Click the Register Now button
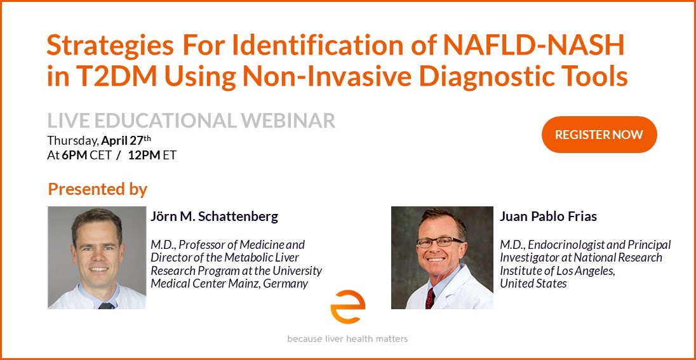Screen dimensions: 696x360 point(599,135)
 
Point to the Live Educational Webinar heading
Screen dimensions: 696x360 point(191,121)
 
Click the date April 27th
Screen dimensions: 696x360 point(126,141)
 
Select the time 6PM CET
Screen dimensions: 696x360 point(86,156)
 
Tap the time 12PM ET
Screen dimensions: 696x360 point(152,156)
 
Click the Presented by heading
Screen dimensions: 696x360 point(97,189)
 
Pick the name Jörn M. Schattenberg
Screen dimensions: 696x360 point(215,217)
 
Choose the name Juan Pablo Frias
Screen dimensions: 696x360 point(548,217)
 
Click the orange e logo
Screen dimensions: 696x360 point(347,307)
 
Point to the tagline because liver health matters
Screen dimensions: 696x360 point(347,339)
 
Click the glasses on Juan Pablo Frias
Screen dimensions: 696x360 point(439,243)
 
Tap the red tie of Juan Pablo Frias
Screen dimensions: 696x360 point(430,298)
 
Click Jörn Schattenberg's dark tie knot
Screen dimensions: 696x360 point(106,306)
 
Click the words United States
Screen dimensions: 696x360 point(533,284)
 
